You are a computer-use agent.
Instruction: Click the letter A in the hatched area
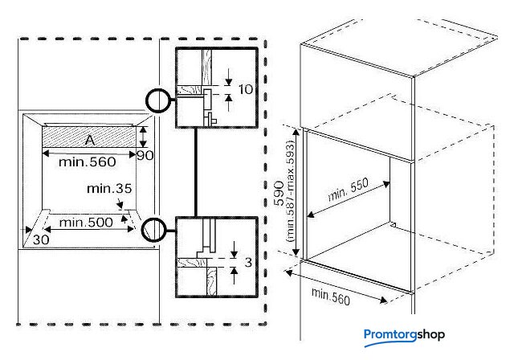[x=89, y=141]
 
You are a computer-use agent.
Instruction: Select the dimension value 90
[x=145, y=155]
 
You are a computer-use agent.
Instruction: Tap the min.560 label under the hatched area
[x=88, y=162]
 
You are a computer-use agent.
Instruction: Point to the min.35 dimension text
[x=109, y=189]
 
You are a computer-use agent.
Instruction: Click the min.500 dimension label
[x=86, y=223]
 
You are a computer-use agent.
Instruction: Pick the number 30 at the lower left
[x=41, y=239]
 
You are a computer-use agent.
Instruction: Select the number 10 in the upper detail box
[x=246, y=89]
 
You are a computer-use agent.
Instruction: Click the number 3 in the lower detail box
[x=248, y=262]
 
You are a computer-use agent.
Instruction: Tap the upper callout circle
[x=158, y=100]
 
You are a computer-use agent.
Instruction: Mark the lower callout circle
[x=153, y=230]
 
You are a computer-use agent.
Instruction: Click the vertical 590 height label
[x=279, y=193]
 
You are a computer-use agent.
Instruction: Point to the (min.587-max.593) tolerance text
[x=291, y=191]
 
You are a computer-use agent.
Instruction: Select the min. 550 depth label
[x=348, y=190]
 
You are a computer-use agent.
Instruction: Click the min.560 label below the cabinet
[x=331, y=297]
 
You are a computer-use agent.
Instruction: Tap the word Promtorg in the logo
[x=390, y=335]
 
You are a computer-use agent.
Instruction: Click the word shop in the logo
[x=430, y=335]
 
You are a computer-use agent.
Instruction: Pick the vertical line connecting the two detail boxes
[x=196, y=172]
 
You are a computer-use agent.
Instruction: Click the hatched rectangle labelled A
[x=89, y=137]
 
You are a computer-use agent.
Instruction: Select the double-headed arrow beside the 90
[x=143, y=137]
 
